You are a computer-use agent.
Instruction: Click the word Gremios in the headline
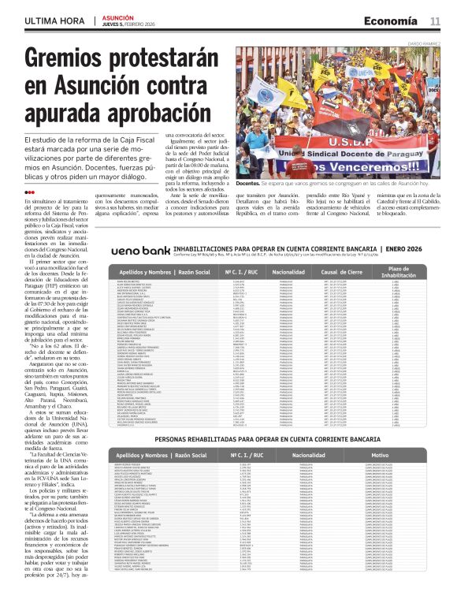click(65, 60)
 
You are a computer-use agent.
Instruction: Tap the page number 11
click(435, 20)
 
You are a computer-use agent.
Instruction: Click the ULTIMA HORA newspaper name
click(53, 20)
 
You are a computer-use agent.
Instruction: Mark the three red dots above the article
click(29, 192)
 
